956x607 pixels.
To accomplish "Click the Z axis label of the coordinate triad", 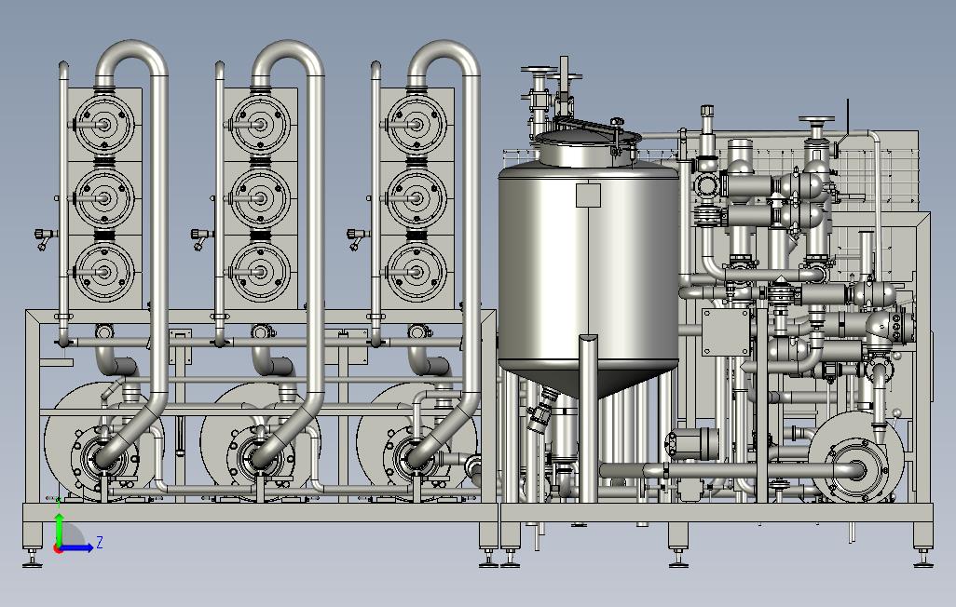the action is tap(100, 542).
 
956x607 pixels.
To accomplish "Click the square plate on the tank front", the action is tap(588, 195).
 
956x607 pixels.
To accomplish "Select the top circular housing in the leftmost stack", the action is tap(104, 125).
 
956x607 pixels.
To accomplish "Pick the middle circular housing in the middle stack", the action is tap(261, 198).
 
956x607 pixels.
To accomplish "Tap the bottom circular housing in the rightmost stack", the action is tap(417, 272).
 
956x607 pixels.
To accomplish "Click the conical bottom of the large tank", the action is tap(588, 378).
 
